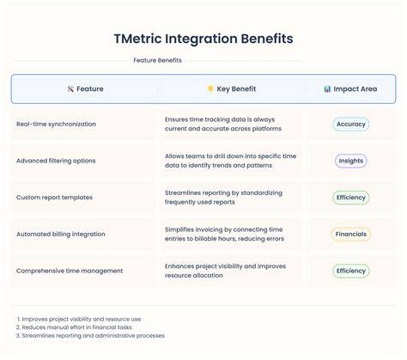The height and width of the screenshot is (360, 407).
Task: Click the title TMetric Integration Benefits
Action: (203, 39)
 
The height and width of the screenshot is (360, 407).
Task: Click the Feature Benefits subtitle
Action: (156, 61)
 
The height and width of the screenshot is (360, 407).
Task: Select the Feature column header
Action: (85, 88)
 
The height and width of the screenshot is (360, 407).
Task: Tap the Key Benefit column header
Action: (231, 88)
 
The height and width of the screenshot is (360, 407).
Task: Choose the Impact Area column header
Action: (350, 88)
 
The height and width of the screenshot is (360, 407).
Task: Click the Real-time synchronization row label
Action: (56, 124)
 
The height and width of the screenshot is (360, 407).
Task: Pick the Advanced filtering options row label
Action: (56, 161)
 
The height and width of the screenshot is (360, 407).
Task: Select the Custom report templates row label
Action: (54, 198)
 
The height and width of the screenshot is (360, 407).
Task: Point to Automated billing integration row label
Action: (60, 234)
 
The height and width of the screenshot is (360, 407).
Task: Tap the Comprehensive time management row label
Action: (69, 271)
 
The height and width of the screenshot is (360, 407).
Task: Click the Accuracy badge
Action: (350, 124)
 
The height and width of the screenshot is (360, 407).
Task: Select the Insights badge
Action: (350, 161)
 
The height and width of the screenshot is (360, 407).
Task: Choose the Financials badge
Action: (350, 234)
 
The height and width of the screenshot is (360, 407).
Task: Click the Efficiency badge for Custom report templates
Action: (350, 198)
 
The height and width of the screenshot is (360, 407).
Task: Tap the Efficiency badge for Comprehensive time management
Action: (350, 271)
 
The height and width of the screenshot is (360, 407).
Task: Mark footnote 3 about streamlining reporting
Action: (90, 335)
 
